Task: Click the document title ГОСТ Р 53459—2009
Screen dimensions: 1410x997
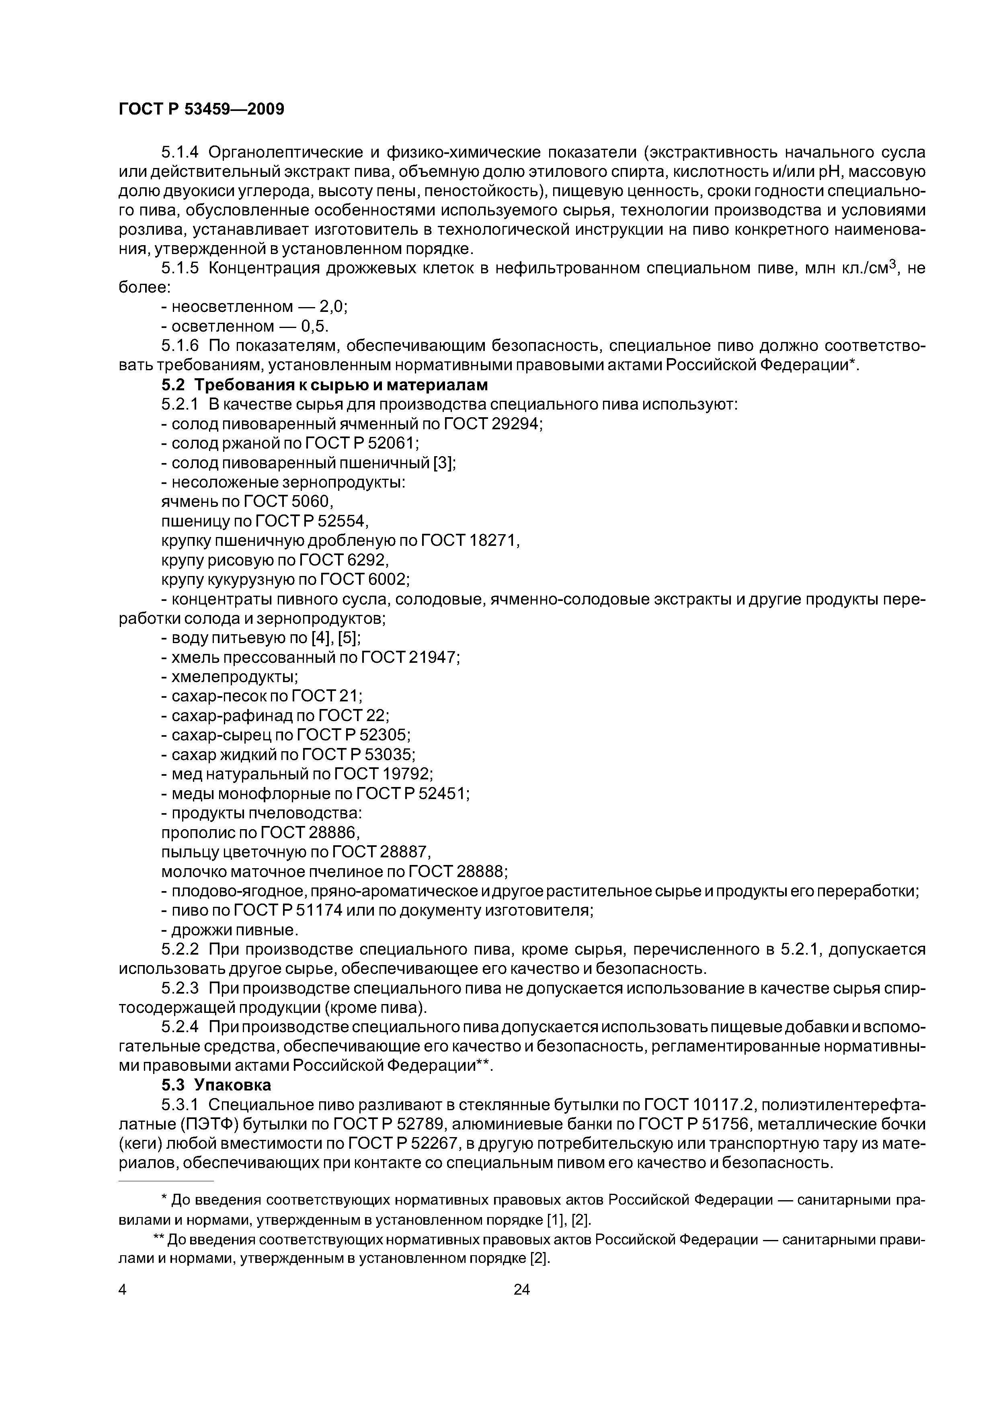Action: pyautogui.click(x=201, y=110)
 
